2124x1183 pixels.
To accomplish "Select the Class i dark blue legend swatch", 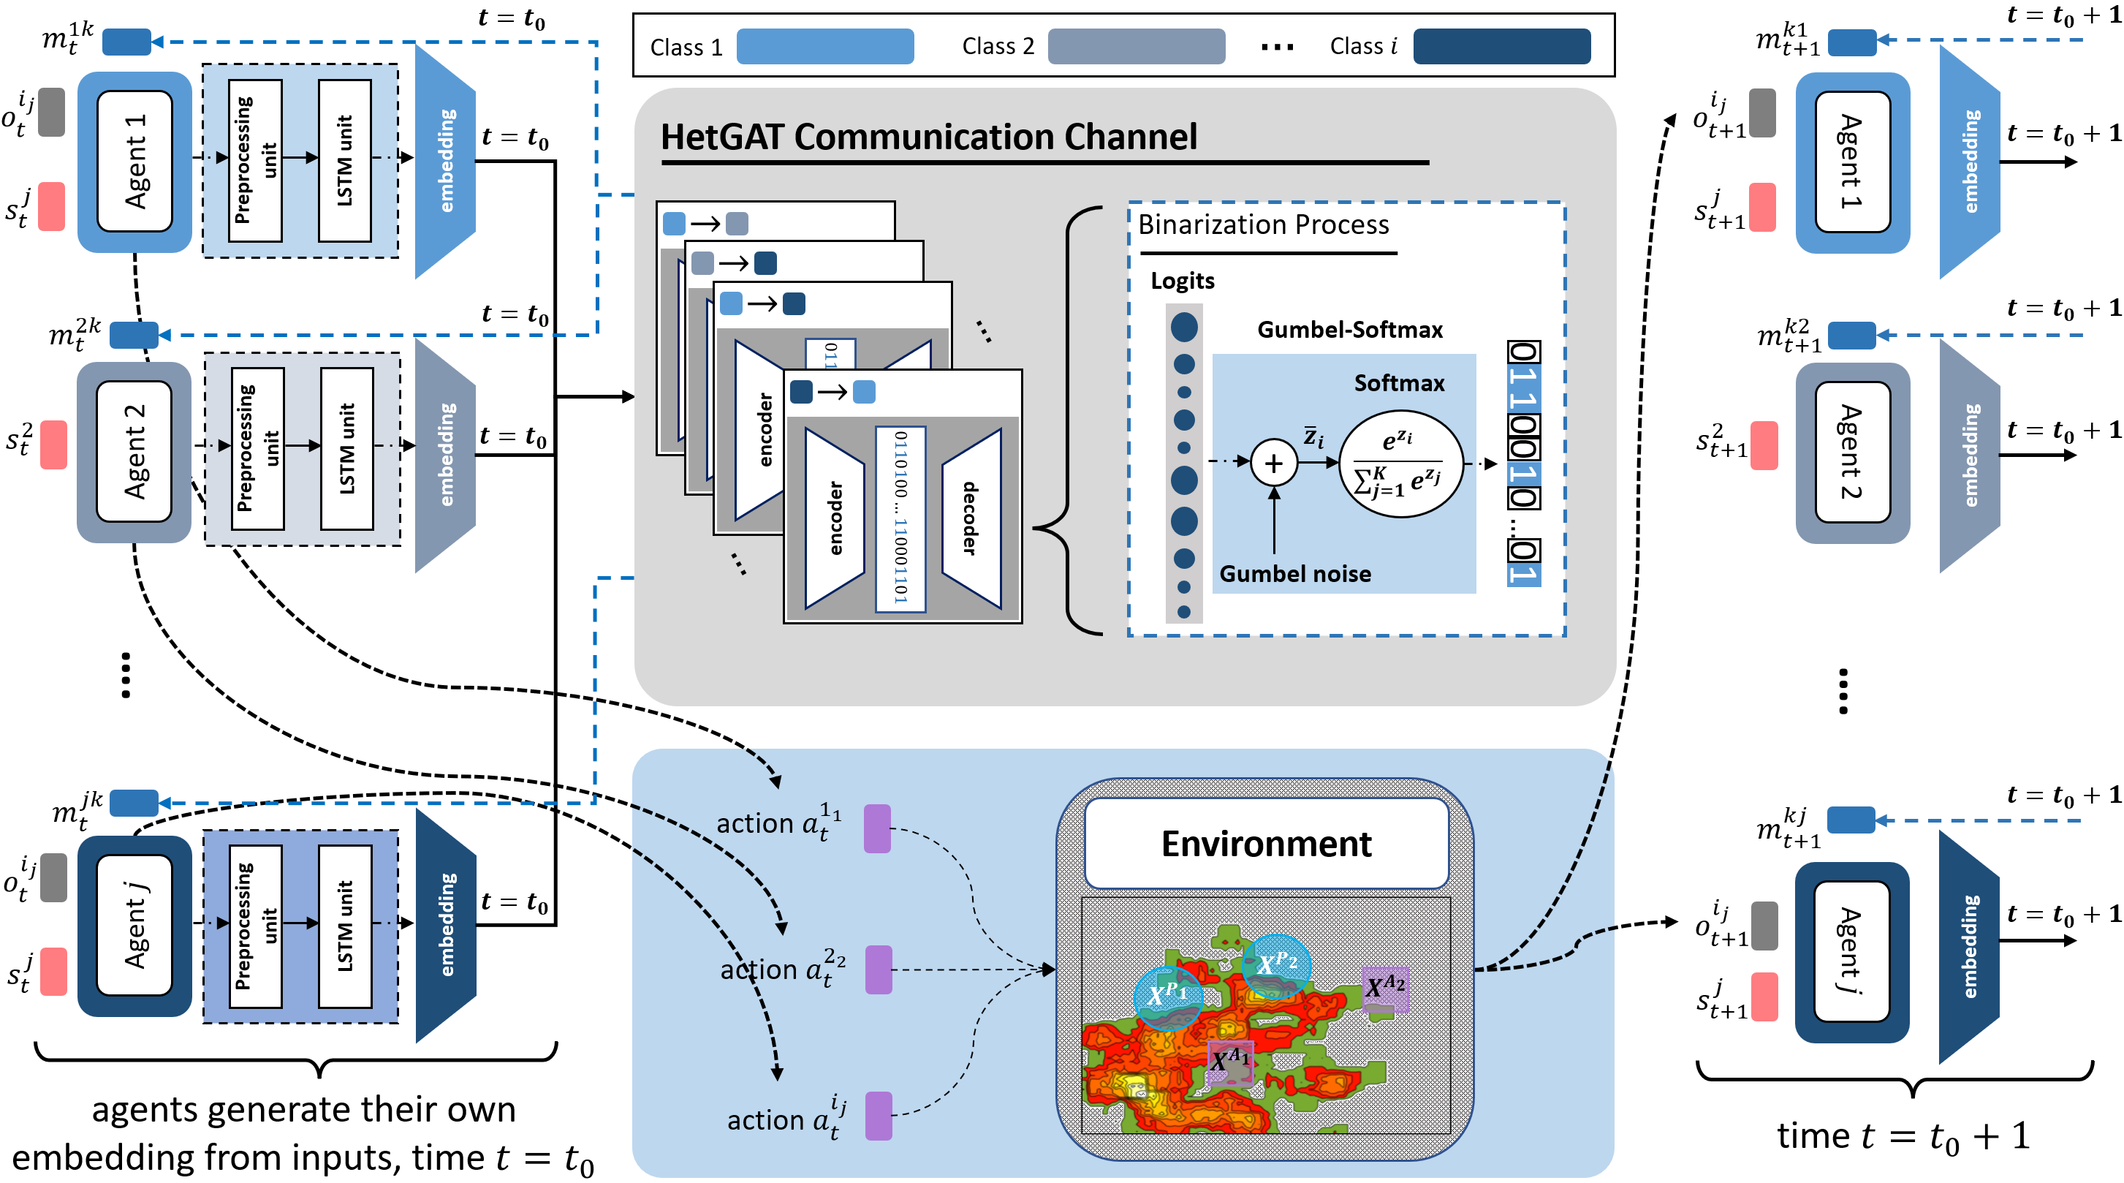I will (1501, 46).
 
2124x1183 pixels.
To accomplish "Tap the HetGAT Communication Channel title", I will (928, 137).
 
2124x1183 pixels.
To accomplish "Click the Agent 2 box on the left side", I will (134, 451).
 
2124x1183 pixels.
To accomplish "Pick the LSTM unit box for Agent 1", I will (345, 161).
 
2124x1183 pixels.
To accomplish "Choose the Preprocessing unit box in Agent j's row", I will (256, 926).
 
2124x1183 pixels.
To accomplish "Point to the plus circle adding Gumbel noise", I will (1273, 463).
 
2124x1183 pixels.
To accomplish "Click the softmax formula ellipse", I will (1401, 464).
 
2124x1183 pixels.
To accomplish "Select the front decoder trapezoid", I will (971, 518).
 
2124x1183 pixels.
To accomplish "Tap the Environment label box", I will (1266, 843).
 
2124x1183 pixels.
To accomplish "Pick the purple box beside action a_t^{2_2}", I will (878, 970).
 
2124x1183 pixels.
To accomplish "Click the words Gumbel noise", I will (1294, 574).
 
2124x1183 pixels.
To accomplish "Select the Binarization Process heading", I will (1263, 224).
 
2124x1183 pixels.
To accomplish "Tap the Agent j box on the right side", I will (1851, 950).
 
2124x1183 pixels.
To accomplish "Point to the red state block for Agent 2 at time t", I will (53, 445).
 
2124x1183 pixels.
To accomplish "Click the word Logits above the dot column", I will (1183, 281).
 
